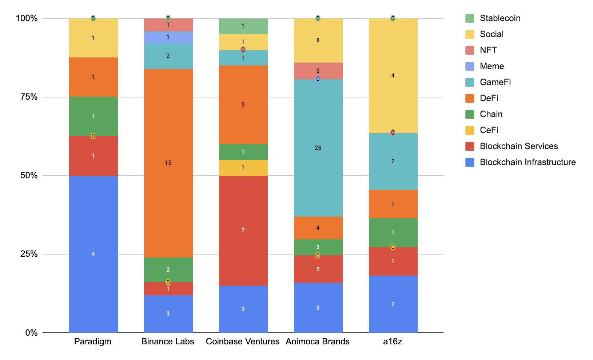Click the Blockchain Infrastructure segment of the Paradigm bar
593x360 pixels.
[93, 254]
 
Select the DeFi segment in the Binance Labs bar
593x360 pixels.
[168, 163]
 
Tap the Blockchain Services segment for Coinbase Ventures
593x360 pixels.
[243, 231]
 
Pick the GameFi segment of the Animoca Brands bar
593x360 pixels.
[318, 148]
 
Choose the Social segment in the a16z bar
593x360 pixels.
[393, 76]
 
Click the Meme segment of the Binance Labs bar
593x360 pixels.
[168, 37]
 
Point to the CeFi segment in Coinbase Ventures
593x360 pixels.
[243, 168]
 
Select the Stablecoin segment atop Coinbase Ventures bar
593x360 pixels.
[243, 26]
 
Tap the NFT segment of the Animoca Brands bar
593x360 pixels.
[318, 71]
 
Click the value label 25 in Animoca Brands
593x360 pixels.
[318, 148]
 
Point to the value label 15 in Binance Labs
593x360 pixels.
[168, 163]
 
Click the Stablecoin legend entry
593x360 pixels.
[500, 18]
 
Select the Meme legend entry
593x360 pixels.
[491, 66]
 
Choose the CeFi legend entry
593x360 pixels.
[489, 130]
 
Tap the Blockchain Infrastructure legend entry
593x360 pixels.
[528, 162]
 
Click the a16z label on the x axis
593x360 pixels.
[393, 342]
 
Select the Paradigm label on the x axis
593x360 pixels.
[93, 342]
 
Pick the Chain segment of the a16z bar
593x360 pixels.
[393, 233]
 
